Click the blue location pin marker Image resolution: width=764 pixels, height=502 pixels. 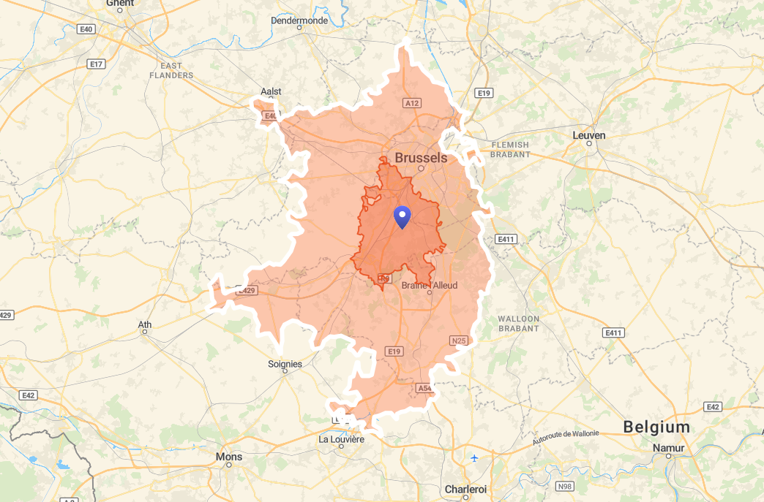[402, 217]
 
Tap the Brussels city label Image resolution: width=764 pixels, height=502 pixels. [421, 157]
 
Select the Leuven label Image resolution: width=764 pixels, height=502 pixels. [589, 135]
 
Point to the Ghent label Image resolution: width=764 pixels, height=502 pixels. [120, 4]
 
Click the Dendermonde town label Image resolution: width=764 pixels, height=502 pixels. [299, 20]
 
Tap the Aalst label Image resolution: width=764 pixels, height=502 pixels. [271, 91]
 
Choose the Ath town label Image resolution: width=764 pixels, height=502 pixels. [145, 324]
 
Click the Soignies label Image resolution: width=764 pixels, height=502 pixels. [285, 364]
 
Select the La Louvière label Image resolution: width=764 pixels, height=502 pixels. [341, 439]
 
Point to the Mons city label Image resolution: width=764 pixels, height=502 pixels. [229, 457]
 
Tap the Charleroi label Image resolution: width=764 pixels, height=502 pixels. [466, 489]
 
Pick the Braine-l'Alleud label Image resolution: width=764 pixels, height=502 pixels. [430, 285]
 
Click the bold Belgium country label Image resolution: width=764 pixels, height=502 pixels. [656, 427]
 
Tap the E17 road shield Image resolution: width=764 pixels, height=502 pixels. [96, 64]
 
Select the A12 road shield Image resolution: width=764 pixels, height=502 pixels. [412, 104]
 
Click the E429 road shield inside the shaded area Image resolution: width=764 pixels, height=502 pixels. [246, 291]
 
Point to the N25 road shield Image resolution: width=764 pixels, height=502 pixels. [459, 341]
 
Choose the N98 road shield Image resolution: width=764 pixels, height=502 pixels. [564, 486]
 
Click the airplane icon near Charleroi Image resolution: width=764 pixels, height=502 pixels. [475, 458]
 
